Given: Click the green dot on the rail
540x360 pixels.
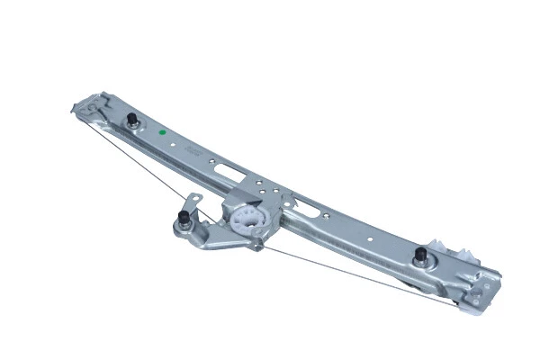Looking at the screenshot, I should pyautogui.click(x=162, y=132).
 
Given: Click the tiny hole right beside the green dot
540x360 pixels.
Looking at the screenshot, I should pyautogui.click(x=172, y=139).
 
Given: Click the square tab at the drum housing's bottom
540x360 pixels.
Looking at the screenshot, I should pyautogui.click(x=256, y=246).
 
